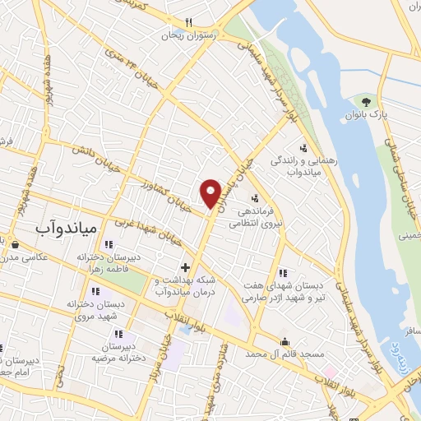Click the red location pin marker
click(210, 192)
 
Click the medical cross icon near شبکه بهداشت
click(185, 266)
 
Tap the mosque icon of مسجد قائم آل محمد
click(285, 341)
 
